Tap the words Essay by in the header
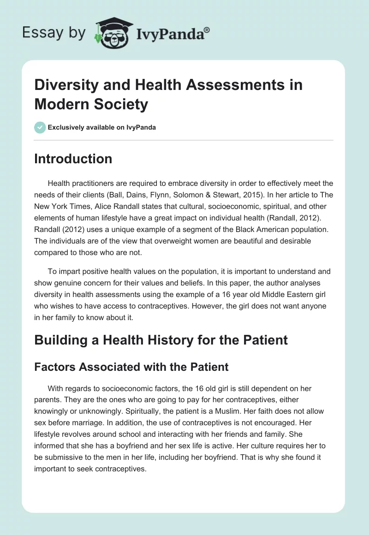(54, 32)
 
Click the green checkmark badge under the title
(40, 127)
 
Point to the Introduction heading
(73, 159)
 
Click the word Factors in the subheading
(57, 367)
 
